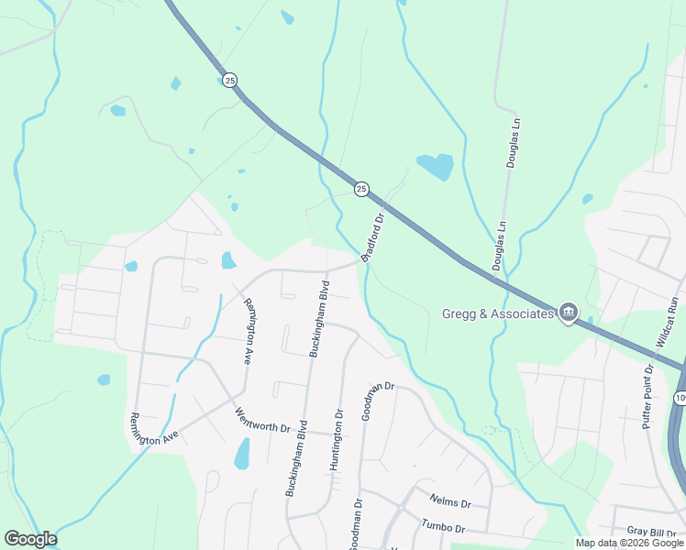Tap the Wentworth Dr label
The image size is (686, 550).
(x=262, y=421)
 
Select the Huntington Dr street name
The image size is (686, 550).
(x=337, y=440)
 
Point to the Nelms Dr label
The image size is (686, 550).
(x=450, y=501)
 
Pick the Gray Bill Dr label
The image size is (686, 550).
(x=651, y=532)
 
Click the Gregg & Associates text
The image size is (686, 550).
(x=499, y=313)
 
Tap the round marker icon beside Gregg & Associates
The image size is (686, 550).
(x=568, y=313)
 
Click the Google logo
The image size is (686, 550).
(x=30, y=539)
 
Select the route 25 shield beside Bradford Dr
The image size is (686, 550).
(x=361, y=189)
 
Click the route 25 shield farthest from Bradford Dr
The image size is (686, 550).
(x=229, y=81)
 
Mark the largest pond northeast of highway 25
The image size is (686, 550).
(x=435, y=166)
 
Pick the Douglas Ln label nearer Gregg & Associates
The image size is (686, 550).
(x=501, y=246)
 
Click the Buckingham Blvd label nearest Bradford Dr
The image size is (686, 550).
(x=317, y=318)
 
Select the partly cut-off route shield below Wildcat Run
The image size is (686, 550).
(x=680, y=398)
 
